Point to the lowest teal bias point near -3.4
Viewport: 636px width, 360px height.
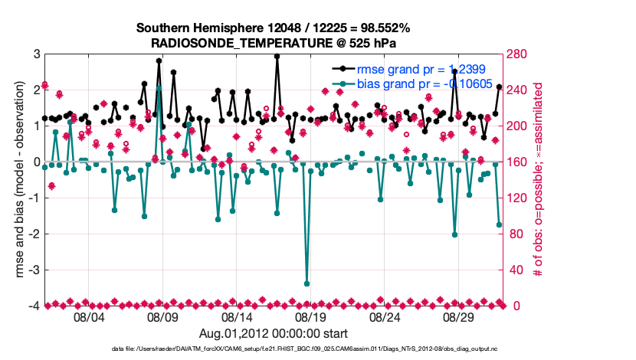coord(307,283)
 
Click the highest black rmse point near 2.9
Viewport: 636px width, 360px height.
coord(277,56)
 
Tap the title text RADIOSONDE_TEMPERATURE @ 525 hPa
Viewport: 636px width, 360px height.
coord(274,43)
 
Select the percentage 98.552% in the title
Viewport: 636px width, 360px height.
coord(382,28)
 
